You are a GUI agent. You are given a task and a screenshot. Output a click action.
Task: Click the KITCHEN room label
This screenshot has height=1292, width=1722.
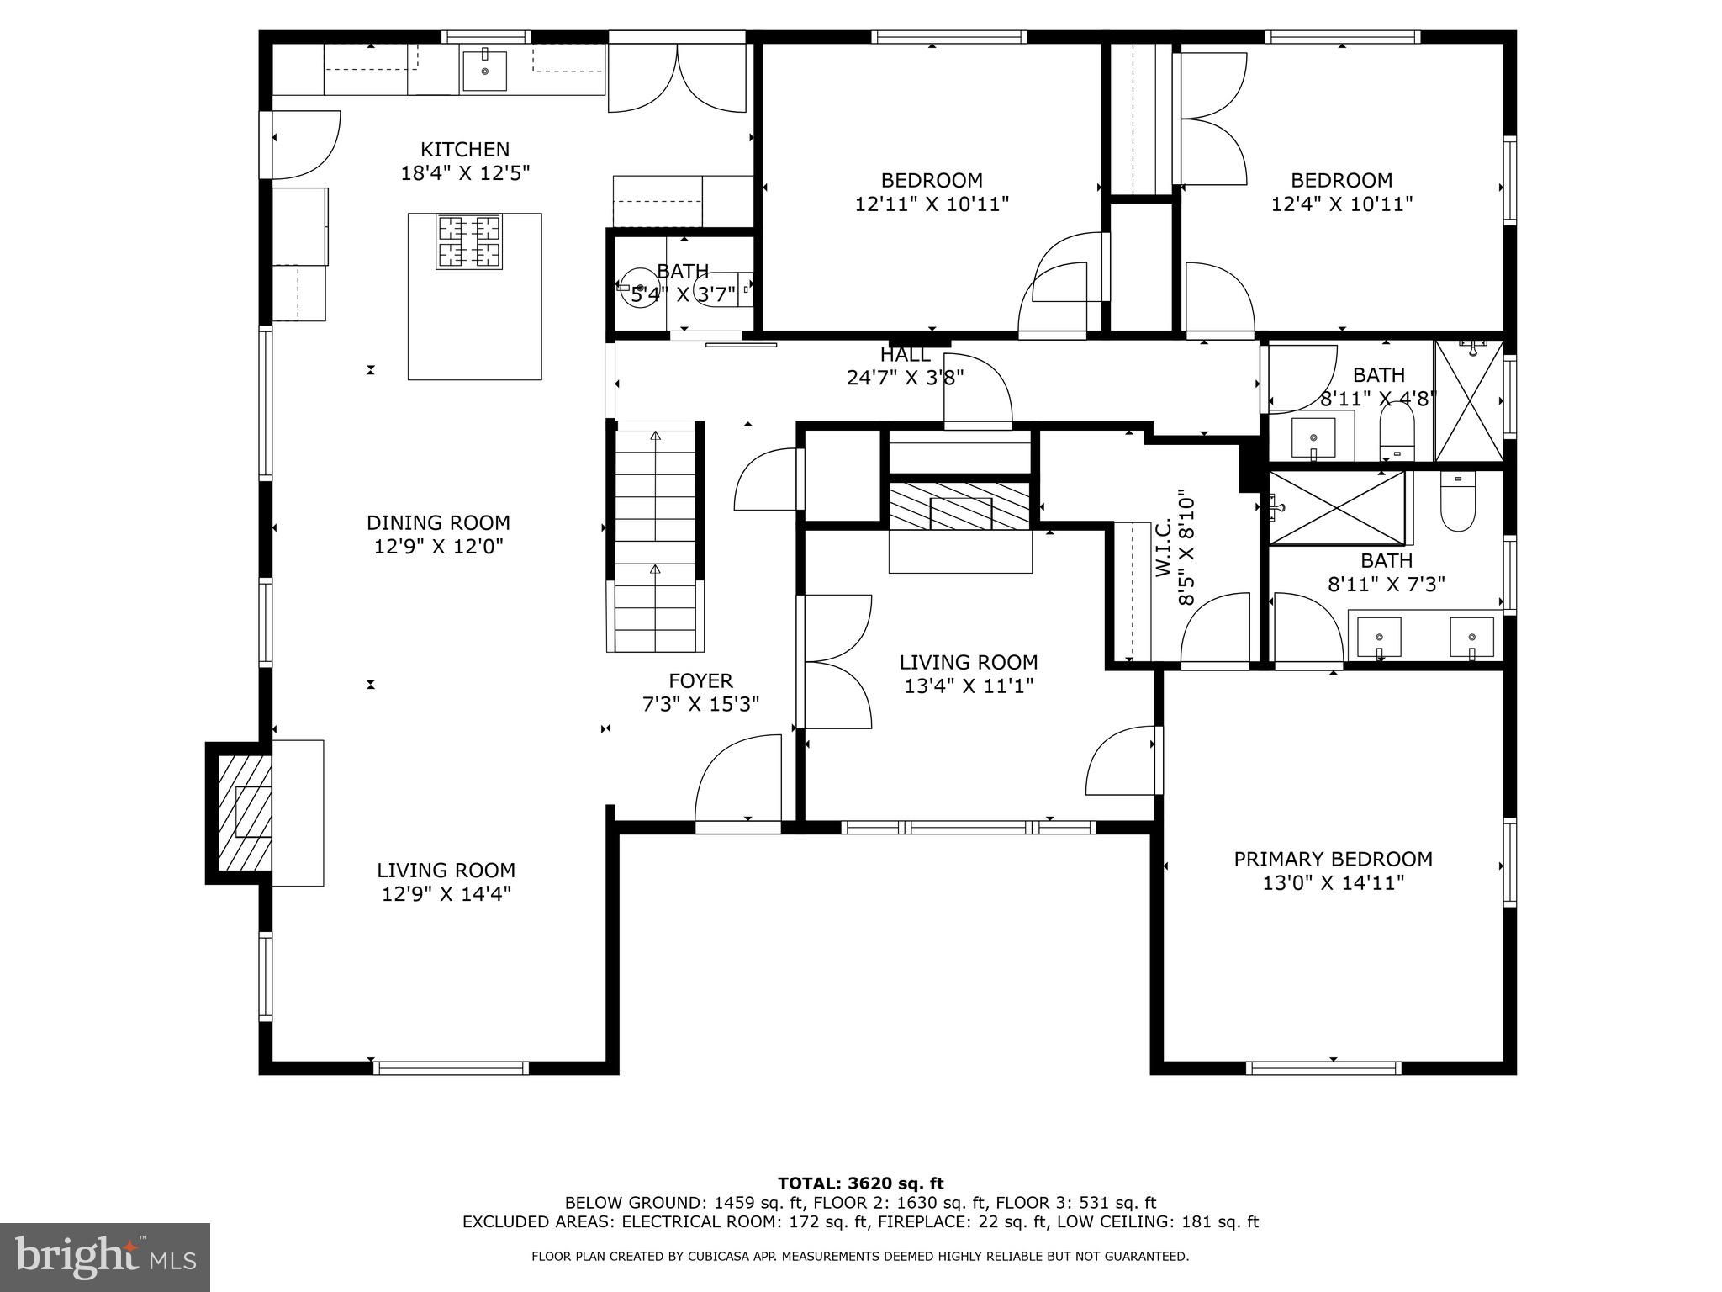pyautogui.click(x=465, y=150)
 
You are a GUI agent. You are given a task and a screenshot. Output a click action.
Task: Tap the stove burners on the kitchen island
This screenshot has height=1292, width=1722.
pyautogui.click(x=468, y=242)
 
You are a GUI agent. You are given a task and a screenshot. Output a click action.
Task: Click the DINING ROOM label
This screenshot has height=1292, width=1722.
pyautogui.click(x=438, y=523)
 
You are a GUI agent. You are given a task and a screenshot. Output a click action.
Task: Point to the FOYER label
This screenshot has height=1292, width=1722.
pyautogui.click(x=700, y=681)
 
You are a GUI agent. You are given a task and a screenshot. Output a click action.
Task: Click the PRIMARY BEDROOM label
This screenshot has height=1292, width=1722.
pyautogui.click(x=1334, y=860)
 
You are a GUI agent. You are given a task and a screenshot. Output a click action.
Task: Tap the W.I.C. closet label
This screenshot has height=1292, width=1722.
pyautogui.click(x=1164, y=548)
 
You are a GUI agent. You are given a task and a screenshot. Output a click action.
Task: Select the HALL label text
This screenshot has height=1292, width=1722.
pyautogui.click(x=906, y=355)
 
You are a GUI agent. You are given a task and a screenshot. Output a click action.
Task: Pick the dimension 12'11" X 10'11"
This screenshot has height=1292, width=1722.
pyautogui.click(x=932, y=204)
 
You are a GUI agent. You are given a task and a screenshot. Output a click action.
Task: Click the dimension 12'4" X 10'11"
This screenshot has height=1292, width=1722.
pyautogui.click(x=1342, y=204)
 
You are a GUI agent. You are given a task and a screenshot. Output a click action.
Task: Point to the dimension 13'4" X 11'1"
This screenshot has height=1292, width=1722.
pyautogui.click(x=969, y=686)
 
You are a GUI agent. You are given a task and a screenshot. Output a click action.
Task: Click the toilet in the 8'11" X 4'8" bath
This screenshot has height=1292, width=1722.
pyautogui.click(x=1397, y=431)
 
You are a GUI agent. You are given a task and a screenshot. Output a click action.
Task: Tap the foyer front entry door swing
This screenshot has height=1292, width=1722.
pyautogui.click(x=738, y=778)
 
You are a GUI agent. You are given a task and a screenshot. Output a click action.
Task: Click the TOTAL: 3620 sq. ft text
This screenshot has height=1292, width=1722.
pyautogui.click(x=860, y=1184)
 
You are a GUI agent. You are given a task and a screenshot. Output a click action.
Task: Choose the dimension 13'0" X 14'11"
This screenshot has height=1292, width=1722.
pyautogui.click(x=1334, y=883)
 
